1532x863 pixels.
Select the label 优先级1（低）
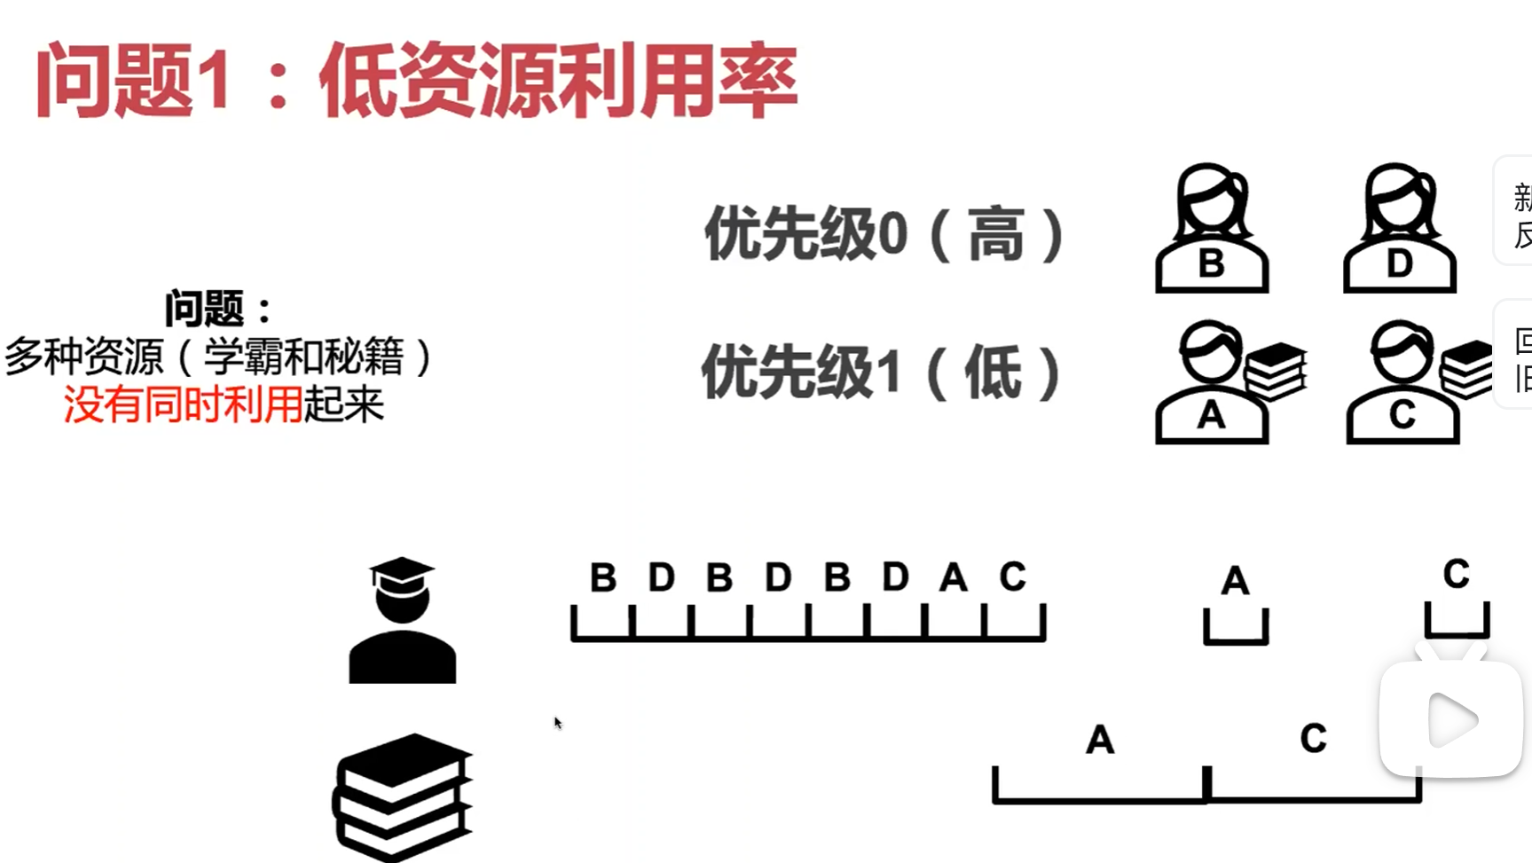882,373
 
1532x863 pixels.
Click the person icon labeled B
1212,229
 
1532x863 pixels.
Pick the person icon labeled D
1400,229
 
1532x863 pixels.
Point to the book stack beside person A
1276,371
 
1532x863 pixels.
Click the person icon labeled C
1402,383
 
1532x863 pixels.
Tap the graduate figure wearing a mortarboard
402,620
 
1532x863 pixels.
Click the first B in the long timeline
603,578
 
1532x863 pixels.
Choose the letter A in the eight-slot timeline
954,578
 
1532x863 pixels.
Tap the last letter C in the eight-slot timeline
1012,577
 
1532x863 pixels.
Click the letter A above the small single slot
1235,582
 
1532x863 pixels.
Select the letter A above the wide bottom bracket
1100,740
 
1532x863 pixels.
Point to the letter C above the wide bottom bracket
1313,738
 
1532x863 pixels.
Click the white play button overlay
1451,720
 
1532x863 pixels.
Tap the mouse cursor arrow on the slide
557,723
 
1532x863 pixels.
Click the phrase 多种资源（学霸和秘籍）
218,357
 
